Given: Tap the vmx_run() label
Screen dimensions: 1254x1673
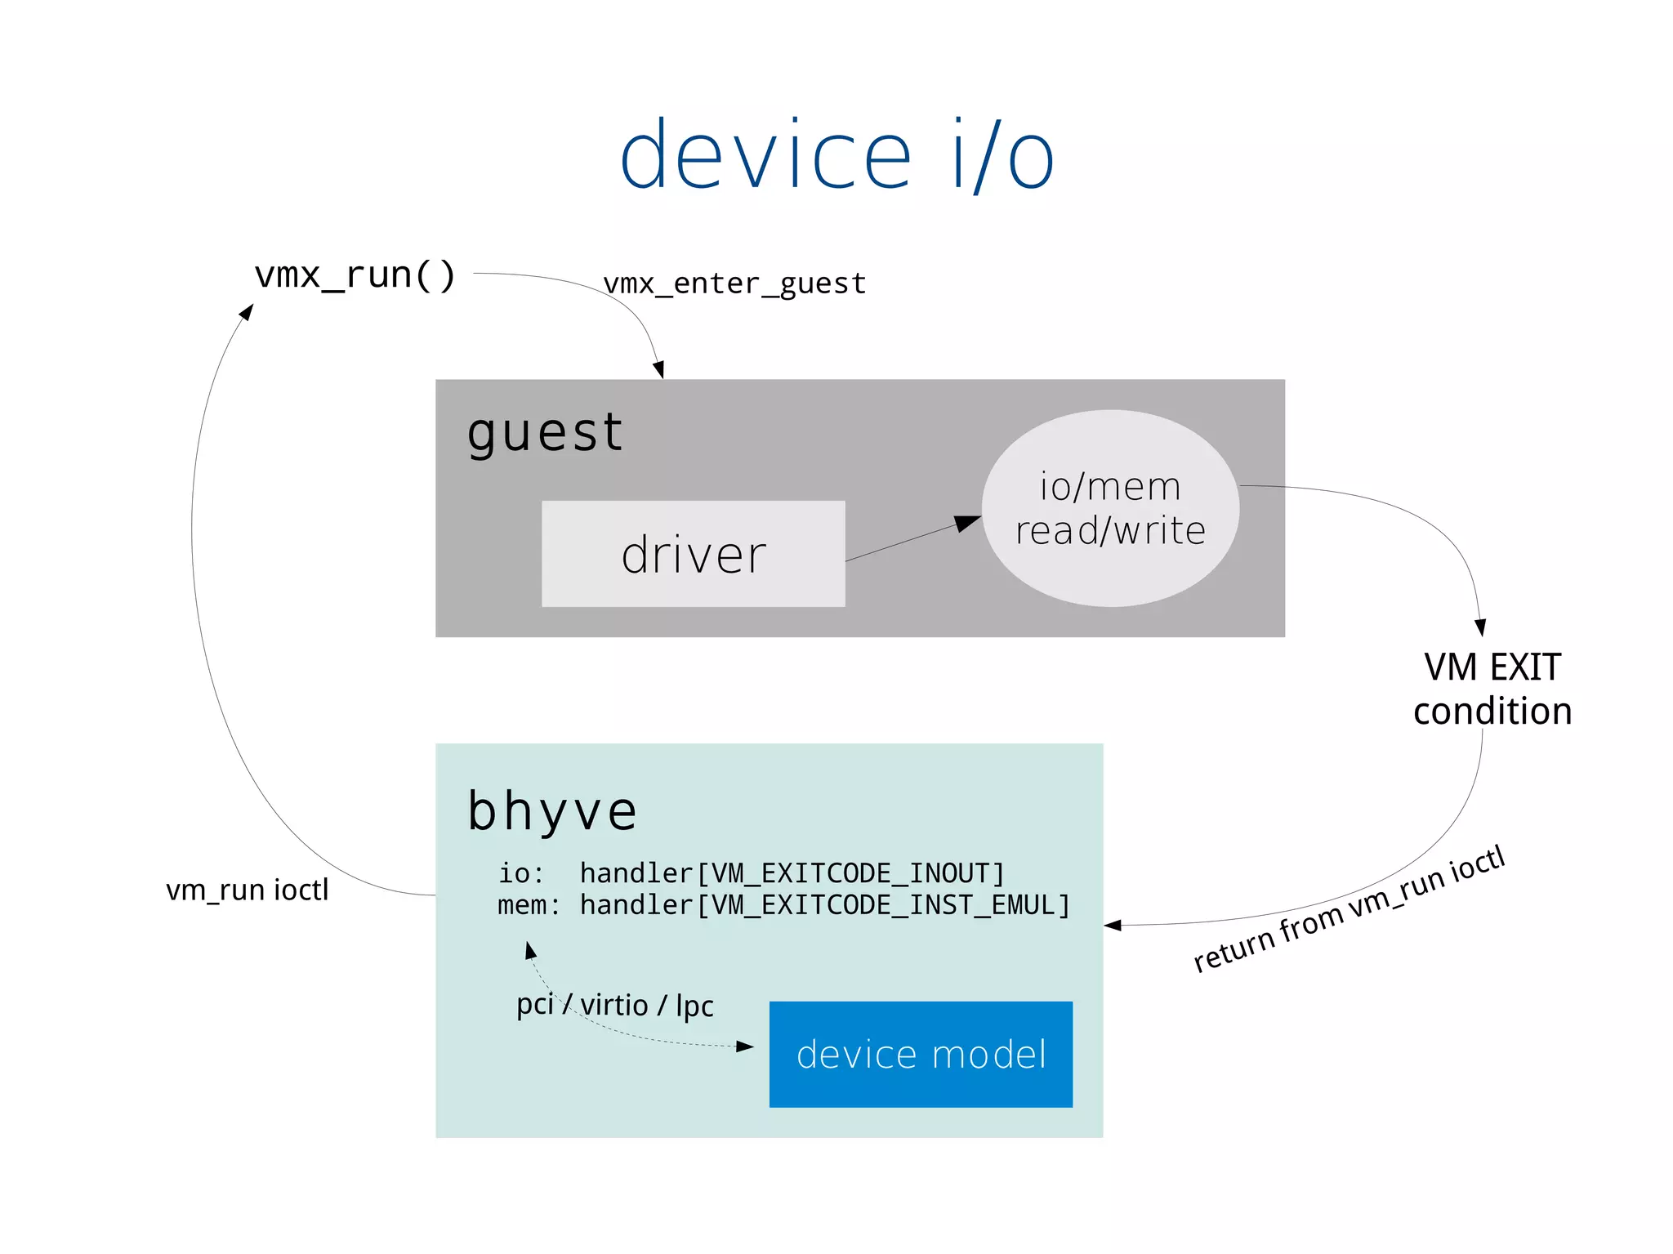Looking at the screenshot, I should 355,275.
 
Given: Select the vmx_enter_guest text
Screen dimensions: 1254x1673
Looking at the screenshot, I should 734,283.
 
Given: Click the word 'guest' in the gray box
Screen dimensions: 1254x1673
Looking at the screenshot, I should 545,432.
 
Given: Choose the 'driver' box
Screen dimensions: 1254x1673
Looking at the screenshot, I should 693,554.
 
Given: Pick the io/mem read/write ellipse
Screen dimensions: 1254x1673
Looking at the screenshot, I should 1110,508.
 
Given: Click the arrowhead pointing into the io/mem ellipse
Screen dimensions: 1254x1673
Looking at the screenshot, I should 967,523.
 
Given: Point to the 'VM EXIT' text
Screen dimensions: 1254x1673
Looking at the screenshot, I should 1492,667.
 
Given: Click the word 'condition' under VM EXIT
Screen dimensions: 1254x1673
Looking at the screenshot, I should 1492,712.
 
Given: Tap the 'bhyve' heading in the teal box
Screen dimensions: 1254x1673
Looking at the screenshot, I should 552,811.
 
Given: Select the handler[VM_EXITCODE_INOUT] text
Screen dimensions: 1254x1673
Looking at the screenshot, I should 792,873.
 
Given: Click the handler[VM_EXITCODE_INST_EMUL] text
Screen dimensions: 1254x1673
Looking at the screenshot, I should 825,905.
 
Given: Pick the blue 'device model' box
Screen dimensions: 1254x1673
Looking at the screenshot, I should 921,1054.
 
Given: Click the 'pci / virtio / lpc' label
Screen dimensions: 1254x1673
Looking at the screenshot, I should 614,1005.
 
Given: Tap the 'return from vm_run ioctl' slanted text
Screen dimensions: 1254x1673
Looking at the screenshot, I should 1349,909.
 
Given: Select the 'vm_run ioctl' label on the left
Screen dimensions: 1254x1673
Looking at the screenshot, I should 248,890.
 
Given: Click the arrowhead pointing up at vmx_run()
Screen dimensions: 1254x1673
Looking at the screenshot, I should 246,312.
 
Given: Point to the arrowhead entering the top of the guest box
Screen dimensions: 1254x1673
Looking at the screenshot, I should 659,369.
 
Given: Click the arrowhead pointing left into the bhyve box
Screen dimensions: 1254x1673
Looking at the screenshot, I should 1113,926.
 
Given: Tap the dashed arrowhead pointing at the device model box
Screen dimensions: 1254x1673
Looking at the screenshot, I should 744,1046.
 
